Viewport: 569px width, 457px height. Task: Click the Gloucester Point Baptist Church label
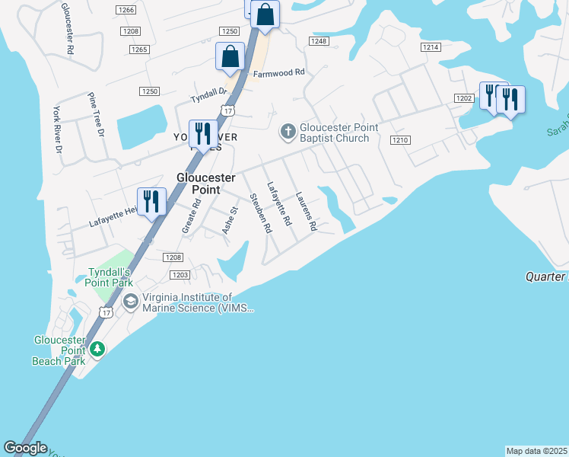tap(334, 133)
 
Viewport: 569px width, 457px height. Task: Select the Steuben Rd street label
tap(261, 213)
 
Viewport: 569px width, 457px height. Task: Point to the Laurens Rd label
tap(306, 211)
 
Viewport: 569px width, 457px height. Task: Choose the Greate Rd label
tap(190, 217)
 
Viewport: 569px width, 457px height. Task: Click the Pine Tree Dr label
tap(95, 115)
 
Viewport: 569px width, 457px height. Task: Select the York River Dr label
tap(57, 130)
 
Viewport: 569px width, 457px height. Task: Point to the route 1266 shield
tap(126, 10)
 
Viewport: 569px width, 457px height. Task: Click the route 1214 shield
tap(431, 47)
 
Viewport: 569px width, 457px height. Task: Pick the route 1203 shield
tap(180, 275)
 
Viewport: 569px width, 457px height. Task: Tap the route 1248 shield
tap(318, 40)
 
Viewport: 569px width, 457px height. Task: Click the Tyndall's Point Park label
tap(111, 277)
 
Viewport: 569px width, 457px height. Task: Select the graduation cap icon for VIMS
tap(131, 302)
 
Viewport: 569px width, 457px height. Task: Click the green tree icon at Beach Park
tap(97, 349)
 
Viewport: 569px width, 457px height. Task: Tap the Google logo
tap(25, 448)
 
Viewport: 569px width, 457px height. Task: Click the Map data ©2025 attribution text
tap(537, 451)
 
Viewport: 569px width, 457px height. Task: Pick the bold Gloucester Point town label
tap(199, 183)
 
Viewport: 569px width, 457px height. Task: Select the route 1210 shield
tap(401, 140)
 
